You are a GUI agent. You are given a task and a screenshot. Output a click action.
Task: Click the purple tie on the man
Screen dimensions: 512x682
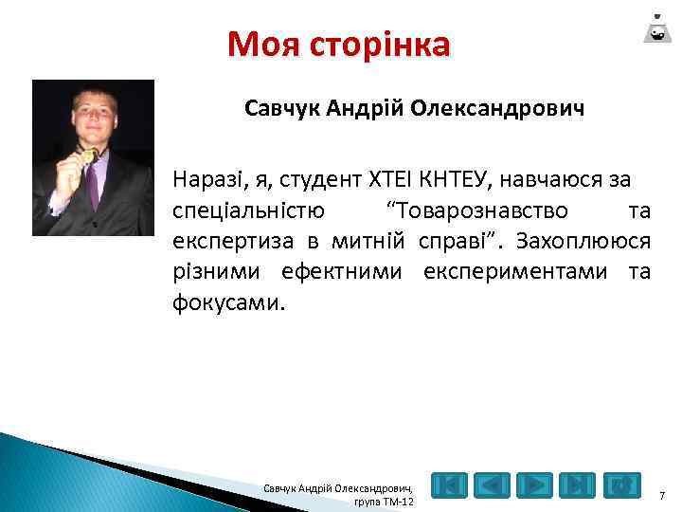pos(93,185)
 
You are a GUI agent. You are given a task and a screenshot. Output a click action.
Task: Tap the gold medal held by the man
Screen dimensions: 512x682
pos(87,154)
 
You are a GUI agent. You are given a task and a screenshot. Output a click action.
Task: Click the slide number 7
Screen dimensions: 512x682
pos(661,494)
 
